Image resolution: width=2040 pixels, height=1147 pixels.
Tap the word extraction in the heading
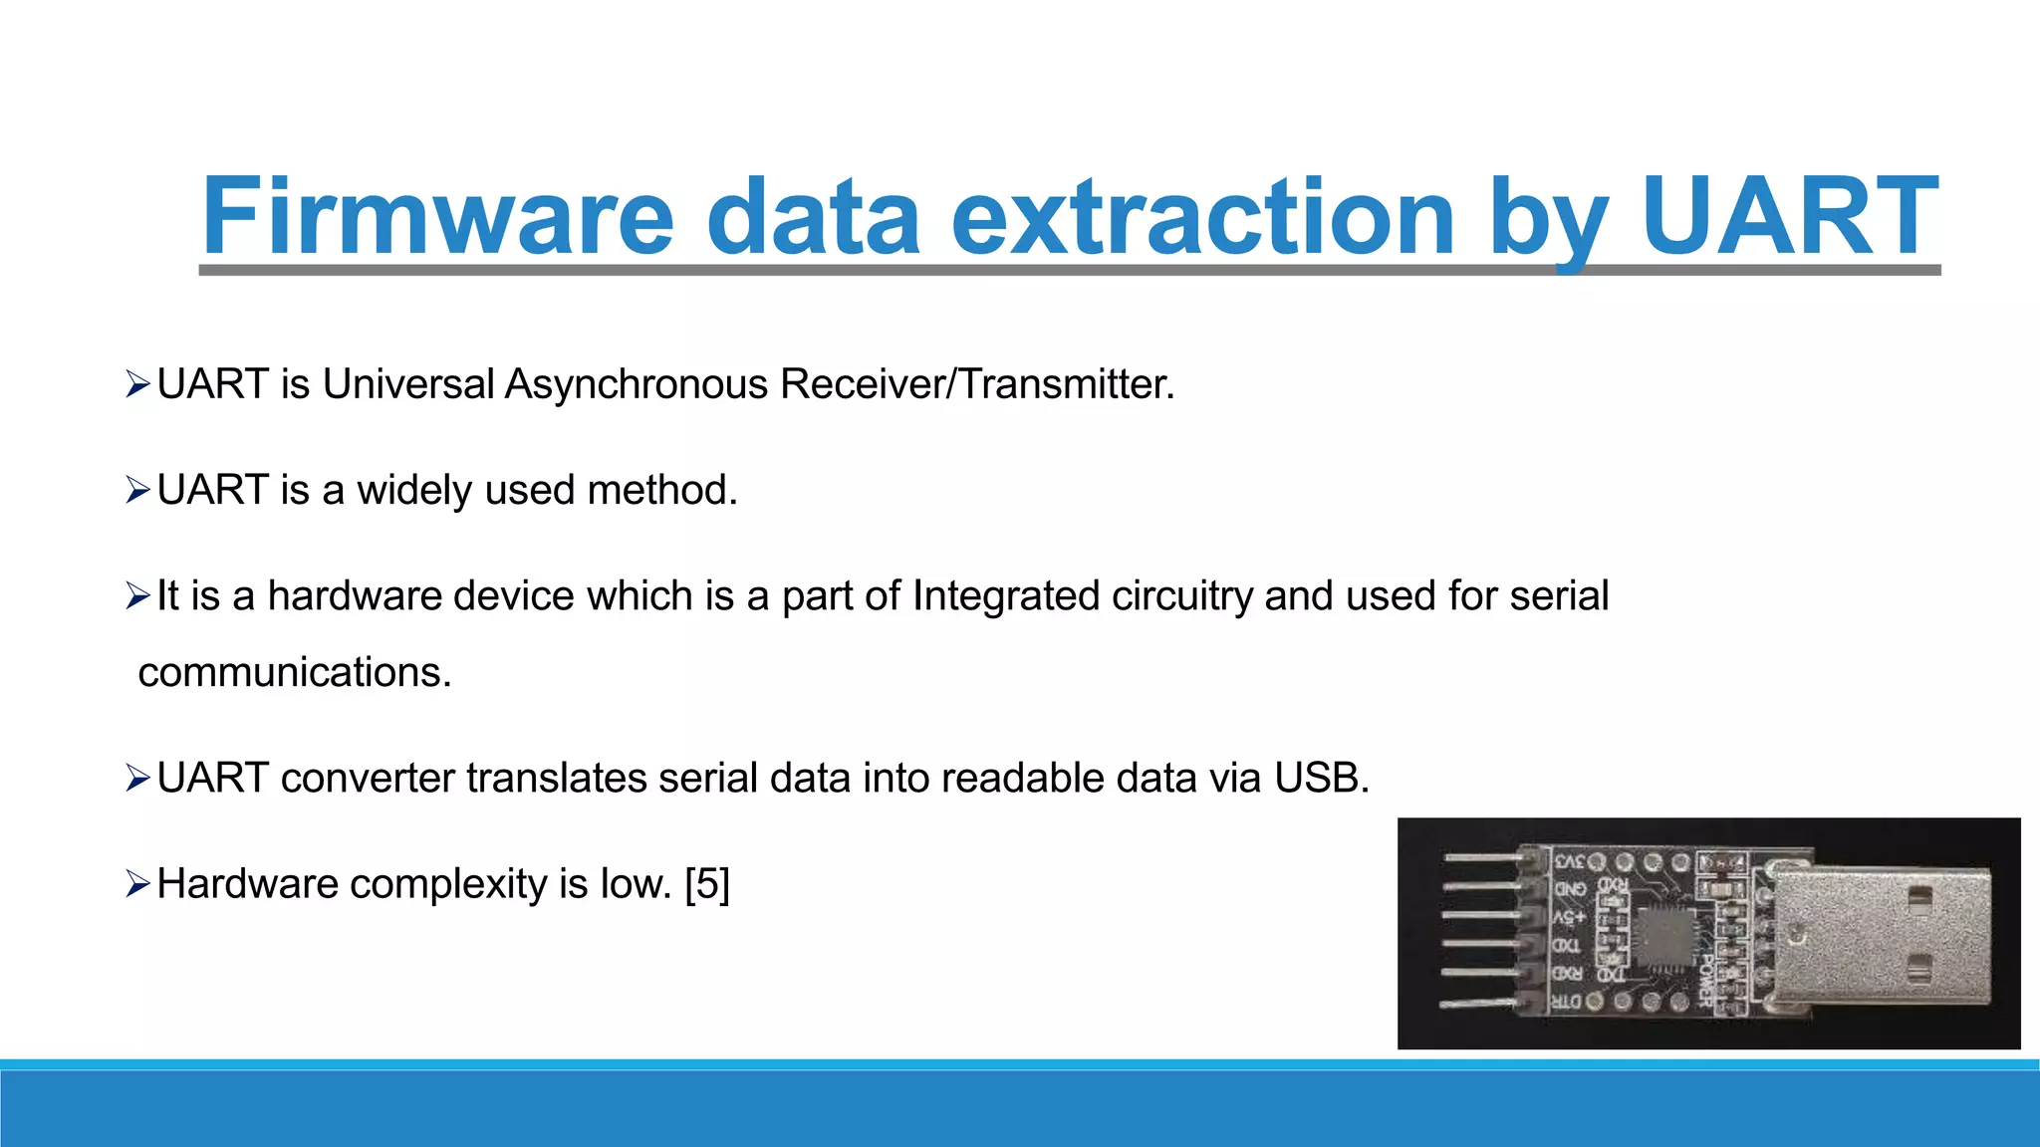click(x=1203, y=217)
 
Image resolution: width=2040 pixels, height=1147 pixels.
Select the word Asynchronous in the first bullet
click(x=636, y=384)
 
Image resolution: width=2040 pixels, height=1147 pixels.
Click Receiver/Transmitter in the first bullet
click(x=977, y=384)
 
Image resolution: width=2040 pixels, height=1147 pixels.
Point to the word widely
click(x=413, y=490)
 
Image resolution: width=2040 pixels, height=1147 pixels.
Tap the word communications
click(x=295, y=672)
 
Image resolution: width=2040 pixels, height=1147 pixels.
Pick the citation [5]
click(x=707, y=884)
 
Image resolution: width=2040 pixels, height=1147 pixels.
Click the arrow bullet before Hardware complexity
click(x=137, y=883)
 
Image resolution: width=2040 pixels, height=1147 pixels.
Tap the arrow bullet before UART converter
click(x=137, y=778)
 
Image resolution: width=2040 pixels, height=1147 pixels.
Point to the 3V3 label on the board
click(x=1568, y=861)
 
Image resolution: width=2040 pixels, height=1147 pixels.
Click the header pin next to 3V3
click(x=1484, y=857)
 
